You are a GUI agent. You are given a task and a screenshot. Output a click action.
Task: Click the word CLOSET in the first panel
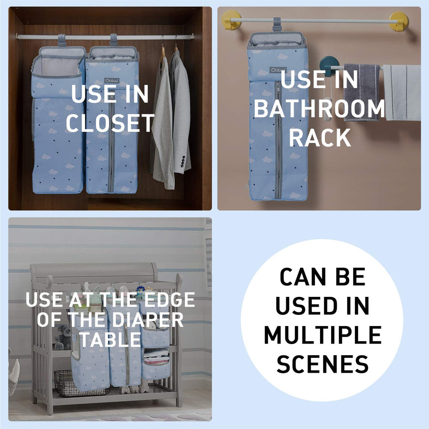tap(111, 123)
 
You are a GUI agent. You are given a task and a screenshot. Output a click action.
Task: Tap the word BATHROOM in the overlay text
tap(320, 109)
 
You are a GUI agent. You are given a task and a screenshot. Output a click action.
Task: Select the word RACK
tap(320, 137)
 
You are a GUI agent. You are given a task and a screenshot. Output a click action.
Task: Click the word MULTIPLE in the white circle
tap(323, 335)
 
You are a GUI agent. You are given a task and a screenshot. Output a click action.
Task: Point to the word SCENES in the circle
tap(323, 364)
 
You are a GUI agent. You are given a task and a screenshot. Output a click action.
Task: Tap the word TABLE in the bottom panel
tap(111, 339)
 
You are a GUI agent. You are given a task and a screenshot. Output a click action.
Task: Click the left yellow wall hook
tap(232, 20)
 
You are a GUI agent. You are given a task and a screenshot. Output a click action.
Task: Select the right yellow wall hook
tap(399, 21)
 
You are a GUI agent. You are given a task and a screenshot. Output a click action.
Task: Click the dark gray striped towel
tap(361, 92)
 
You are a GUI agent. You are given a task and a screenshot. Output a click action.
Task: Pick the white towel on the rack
tap(402, 93)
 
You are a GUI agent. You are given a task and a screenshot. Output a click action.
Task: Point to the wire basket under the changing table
tap(81, 384)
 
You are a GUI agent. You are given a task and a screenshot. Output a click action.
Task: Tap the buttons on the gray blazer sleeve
tap(182, 161)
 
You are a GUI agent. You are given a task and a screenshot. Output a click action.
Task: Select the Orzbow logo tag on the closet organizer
tap(112, 81)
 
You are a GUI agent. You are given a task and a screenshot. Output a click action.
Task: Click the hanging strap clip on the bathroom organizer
tap(277, 24)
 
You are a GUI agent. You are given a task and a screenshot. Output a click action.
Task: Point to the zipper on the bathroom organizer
tap(278, 139)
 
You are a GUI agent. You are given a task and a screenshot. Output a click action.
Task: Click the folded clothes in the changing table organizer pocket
tap(156, 357)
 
